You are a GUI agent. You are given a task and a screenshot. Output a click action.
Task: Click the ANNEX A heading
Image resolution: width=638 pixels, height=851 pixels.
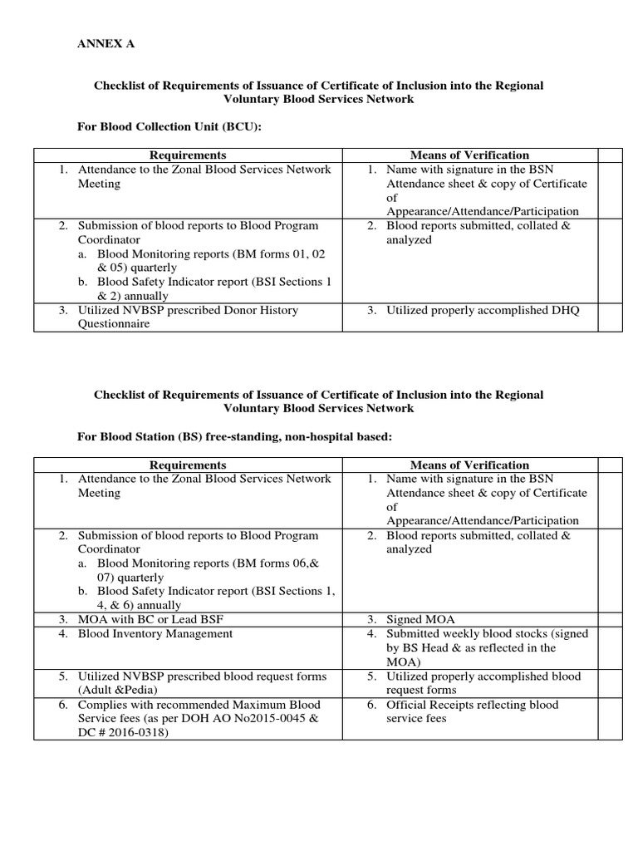(106, 44)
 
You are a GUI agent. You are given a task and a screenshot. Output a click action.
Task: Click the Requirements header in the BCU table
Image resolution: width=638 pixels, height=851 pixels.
(188, 155)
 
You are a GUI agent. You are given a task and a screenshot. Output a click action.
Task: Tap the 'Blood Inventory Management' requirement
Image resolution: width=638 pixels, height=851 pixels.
(155, 633)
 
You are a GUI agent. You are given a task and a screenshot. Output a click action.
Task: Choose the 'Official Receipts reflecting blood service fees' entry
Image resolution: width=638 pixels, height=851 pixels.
(473, 711)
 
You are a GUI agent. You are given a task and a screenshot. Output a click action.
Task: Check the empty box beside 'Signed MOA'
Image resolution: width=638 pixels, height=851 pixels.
(610, 619)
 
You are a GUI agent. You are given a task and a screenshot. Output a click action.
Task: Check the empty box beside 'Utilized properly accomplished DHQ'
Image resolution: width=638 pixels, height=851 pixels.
(610, 317)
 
